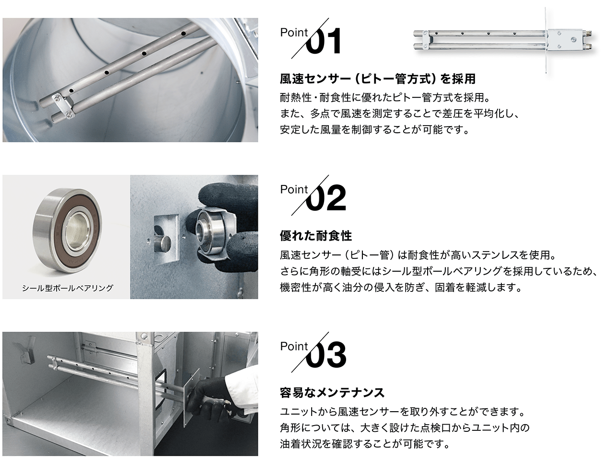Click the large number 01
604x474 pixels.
click(323, 41)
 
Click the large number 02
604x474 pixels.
click(326, 198)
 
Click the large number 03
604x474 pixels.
click(326, 355)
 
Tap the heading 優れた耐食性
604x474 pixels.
click(316, 236)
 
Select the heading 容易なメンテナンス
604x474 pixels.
click(332, 393)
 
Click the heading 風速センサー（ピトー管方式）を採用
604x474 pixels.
click(378, 79)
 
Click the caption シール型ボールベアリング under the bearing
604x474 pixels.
click(68, 288)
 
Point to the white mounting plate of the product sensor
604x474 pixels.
click(561, 40)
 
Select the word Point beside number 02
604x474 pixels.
click(294, 189)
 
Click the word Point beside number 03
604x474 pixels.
click(294, 347)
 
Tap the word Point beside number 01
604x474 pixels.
click(294, 33)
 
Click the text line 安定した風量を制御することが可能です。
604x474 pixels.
click(375, 129)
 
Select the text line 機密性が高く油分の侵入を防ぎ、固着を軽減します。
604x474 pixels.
click(401, 287)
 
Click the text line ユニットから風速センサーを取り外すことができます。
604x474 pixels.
click(403, 412)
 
